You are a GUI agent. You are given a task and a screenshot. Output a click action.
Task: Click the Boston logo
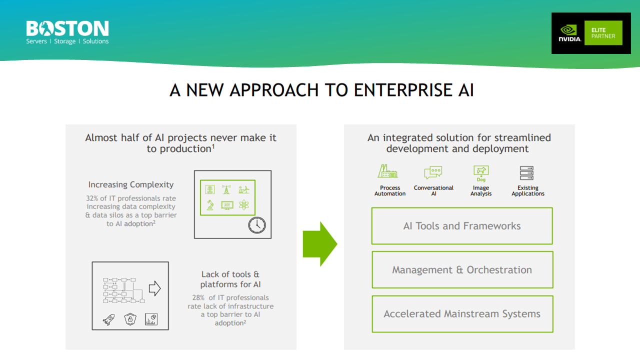click(67, 32)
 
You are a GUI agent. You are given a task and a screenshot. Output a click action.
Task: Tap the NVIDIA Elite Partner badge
click(590, 33)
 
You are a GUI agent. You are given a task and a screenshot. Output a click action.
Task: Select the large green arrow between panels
click(320, 244)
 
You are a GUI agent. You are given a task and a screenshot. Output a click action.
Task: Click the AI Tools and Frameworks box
click(462, 226)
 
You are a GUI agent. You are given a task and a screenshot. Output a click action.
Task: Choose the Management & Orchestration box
click(462, 270)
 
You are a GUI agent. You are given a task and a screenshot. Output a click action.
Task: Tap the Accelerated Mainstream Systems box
click(462, 314)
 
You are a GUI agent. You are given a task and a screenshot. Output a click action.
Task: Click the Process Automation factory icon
click(387, 172)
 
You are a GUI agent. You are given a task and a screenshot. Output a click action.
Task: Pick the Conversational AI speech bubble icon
click(433, 172)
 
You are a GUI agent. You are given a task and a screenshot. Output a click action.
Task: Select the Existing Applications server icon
click(527, 173)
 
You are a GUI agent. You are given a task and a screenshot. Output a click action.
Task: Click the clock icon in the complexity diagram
click(257, 225)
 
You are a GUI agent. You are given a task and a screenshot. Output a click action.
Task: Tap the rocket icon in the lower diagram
click(108, 319)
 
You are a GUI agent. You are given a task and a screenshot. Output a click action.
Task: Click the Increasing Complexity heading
click(131, 185)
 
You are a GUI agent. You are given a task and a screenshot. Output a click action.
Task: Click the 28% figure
click(198, 298)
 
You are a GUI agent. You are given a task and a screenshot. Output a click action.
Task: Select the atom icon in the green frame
click(243, 205)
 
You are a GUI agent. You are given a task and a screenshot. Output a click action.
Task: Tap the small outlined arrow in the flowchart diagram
click(155, 288)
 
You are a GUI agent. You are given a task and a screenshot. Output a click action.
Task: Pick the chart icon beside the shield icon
click(151, 319)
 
